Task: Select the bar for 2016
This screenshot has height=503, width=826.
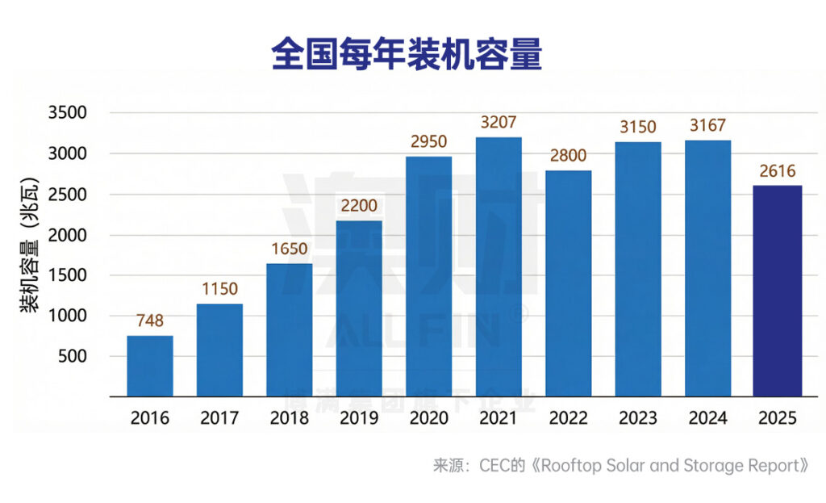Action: pyautogui.click(x=150, y=366)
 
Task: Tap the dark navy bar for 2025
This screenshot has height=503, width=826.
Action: pyautogui.click(x=777, y=291)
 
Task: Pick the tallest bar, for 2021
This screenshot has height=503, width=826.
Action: pyautogui.click(x=499, y=266)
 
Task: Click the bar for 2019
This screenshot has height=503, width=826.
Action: pyautogui.click(x=359, y=308)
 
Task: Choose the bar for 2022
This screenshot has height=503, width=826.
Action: pyautogui.click(x=569, y=283)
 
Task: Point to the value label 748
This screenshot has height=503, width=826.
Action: pyautogui.click(x=150, y=321)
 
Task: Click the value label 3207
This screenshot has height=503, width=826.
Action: pyautogui.click(x=499, y=124)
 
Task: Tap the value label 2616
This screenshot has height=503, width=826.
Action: pyautogui.click(x=777, y=171)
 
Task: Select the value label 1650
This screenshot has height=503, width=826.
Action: pyautogui.click(x=289, y=249)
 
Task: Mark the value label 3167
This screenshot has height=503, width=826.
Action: pyautogui.click(x=707, y=126)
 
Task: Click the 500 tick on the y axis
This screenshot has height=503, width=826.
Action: pyautogui.click(x=83, y=357)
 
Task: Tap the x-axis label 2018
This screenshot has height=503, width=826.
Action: pyautogui.click(x=289, y=418)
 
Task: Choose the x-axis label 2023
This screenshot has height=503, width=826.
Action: pyautogui.click(x=638, y=418)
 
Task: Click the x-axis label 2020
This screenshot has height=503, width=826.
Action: pyautogui.click(x=429, y=418)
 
